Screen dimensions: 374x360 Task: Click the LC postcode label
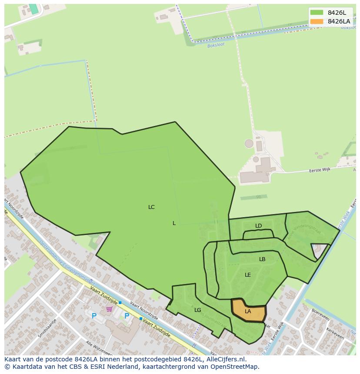[151, 207]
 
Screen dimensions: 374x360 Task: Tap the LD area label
[259, 226]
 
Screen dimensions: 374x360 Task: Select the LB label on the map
[262, 259]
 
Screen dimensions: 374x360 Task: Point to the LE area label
[248, 275]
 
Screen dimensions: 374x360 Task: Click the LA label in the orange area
[248, 311]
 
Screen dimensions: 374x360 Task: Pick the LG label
[198, 310]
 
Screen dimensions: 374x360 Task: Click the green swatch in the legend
[317, 13]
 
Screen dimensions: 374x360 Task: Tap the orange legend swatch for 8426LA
[317, 21]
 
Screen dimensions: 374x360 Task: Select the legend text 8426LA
[339, 21]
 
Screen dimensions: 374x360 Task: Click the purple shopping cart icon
[109, 309]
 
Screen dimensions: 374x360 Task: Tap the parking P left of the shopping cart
[94, 316]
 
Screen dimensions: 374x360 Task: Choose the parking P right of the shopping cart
[127, 316]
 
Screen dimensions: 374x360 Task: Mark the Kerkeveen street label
[335, 337]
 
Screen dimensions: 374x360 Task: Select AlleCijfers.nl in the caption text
[226, 360]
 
